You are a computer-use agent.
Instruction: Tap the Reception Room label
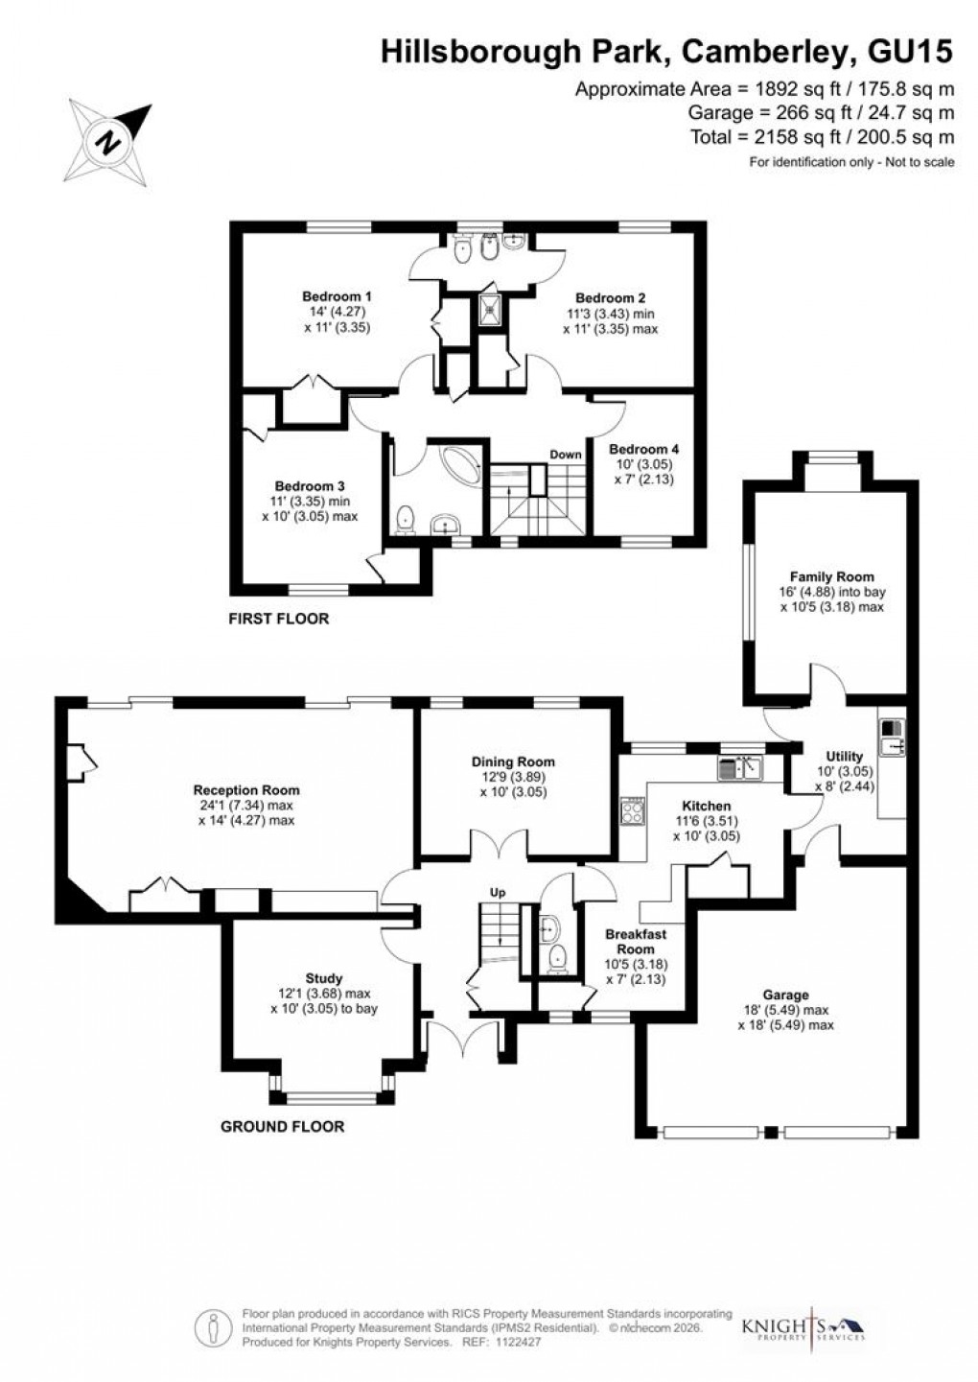[x=246, y=790]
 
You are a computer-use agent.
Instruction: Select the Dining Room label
[x=513, y=761]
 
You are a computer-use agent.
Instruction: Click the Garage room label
[x=785, y=995]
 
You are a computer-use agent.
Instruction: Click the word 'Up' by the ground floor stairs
[x=498, y=893]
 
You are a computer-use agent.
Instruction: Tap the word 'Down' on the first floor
[x=566, y=455]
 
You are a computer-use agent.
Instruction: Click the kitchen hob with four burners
[x=633, y=811]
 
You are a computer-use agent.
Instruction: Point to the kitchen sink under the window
[x=739, y=767]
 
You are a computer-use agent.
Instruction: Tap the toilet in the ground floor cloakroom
[x=557, y=956]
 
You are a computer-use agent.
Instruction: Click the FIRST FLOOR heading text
[x=278, y=619]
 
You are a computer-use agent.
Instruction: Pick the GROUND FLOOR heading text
[x=282, y=1126]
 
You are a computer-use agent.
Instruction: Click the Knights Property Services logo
[x=803, y=1327]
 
